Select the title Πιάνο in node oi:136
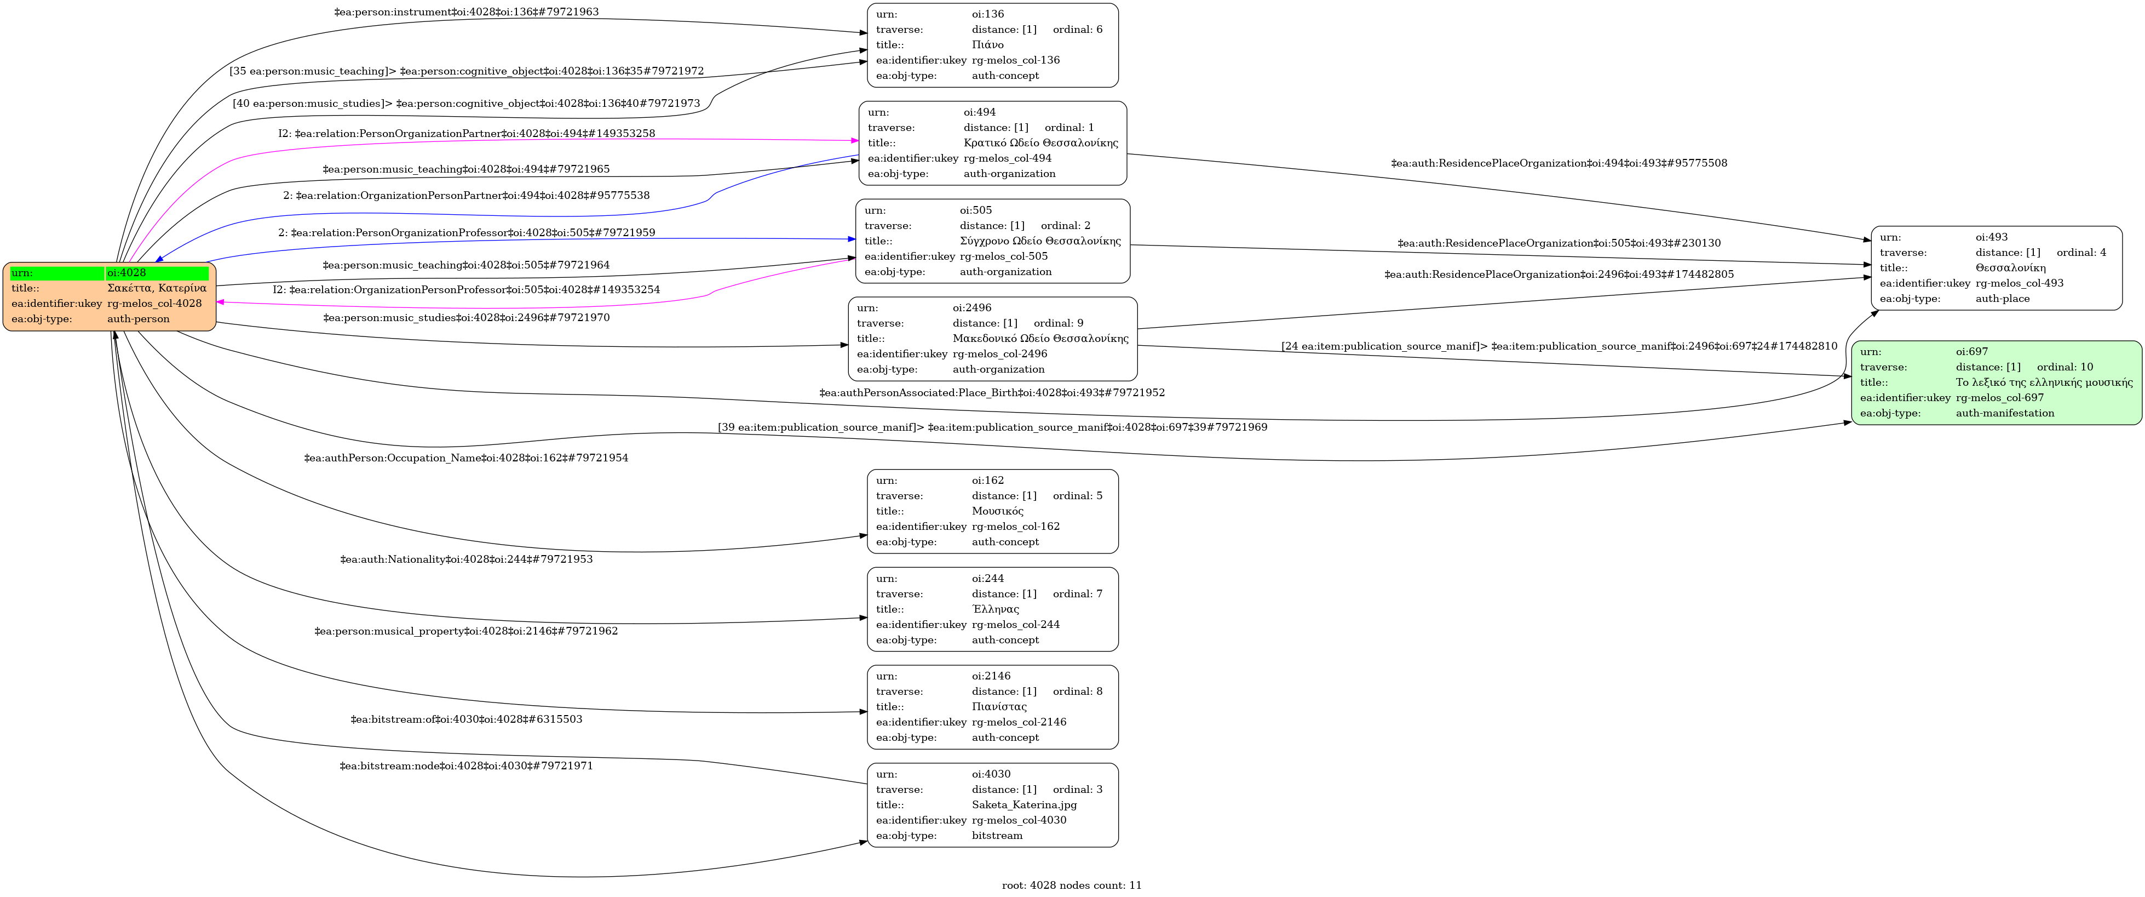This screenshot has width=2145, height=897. [x=987, y=45]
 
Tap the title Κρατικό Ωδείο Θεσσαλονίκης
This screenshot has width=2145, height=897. [x=1040, y=143]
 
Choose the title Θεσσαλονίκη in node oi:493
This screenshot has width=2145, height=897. [x=2010, y=268]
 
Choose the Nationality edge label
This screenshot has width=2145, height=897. [x=467, y=559]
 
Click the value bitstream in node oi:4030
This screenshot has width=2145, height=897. [x=997, y=836]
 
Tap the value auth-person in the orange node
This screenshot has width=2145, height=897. [x=138, y=319]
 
